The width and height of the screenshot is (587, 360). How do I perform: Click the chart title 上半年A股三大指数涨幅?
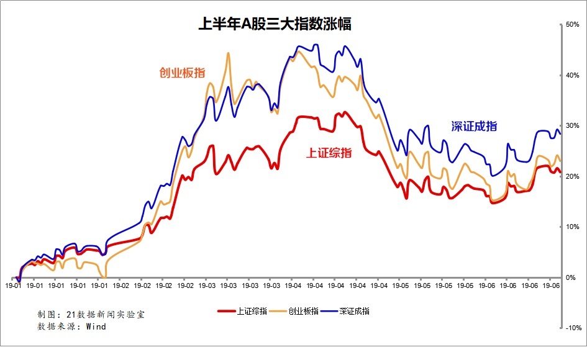[x=274, y=24]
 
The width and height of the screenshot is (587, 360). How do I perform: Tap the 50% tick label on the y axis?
[x=572, y=24]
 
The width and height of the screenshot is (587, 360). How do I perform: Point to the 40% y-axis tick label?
[x=572, y=75]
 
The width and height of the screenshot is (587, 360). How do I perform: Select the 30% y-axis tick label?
[x=572, y=125]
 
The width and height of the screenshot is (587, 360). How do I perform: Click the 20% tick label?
[x=572, y=176]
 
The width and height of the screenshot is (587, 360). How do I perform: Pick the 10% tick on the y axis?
[x=572, y=227]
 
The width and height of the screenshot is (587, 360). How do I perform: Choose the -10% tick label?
[x=573, y=328]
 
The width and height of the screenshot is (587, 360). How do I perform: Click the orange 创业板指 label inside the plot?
[x=183, y=73]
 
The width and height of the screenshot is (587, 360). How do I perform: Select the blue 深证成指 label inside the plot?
[x=474, y=126]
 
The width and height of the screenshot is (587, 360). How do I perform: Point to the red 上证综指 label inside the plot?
[x=329, y=153]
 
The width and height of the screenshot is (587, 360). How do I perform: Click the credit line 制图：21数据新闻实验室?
[x=91, y=315]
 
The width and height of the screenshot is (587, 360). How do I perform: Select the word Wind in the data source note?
[x=96, y=326]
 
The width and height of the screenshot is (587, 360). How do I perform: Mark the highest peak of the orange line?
[x=228, y=53]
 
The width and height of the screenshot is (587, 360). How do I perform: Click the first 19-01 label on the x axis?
[x=14, y=286]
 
